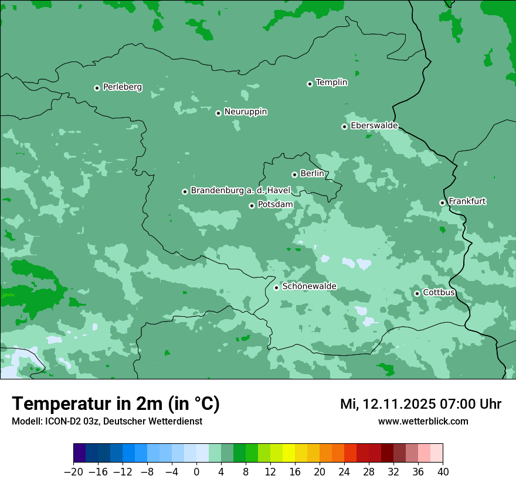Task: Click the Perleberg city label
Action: [x=122, y=87]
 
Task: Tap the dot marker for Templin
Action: [x=310, y=84]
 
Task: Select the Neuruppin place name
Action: [x=245, y=112]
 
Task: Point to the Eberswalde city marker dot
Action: [x=344, y=126]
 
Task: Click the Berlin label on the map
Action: [x=312, y=174]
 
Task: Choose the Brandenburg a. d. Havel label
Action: [x=240, y=191]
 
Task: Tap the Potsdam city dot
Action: [x=252, y=206]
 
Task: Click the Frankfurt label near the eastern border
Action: [x=467, y=201]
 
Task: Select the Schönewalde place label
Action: [x=309, y=287]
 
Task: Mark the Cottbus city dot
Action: [x=417, y=293]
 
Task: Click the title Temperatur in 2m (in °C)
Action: [x=116, y=404]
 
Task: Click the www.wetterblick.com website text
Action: [x=423, y=422]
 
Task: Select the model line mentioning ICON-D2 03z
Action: [x=107, y=422]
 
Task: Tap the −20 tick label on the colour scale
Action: [x=73, y=472]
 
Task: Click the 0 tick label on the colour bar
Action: [x=196, y=472]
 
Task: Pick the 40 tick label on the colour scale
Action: [x=443, y=472]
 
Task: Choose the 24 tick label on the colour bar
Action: [x=344, y=472]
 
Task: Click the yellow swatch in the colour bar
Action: [x=288, y=453]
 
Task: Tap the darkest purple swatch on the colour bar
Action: [x=79, y=453]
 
